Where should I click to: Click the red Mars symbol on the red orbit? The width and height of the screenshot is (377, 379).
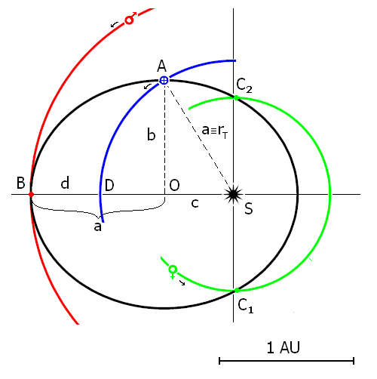130,18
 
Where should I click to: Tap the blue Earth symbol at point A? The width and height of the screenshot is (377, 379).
164,81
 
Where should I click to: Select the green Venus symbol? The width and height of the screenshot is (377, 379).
173,272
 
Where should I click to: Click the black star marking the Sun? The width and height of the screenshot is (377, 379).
233,194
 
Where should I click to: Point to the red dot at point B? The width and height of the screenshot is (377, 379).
31,195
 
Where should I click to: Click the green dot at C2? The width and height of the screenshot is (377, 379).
236,97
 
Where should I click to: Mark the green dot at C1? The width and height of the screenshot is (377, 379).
237,291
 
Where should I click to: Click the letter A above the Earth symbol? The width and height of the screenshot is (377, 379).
162,66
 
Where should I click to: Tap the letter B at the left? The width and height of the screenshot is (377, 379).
21,183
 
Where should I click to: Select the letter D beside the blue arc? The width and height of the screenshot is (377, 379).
109,185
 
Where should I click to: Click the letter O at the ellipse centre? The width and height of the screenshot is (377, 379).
174,185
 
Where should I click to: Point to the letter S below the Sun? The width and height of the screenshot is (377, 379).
249,208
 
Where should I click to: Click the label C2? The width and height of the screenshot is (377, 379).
244,85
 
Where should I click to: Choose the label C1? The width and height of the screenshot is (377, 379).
246,306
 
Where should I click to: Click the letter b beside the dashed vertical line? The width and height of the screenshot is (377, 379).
152,134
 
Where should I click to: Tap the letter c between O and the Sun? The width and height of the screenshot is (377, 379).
195,203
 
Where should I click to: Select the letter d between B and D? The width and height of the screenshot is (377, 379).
65,183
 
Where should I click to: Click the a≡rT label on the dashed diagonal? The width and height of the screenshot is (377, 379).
215,131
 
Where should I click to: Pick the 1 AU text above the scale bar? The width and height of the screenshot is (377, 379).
284,347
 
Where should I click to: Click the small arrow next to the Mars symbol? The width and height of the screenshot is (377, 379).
115,24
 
